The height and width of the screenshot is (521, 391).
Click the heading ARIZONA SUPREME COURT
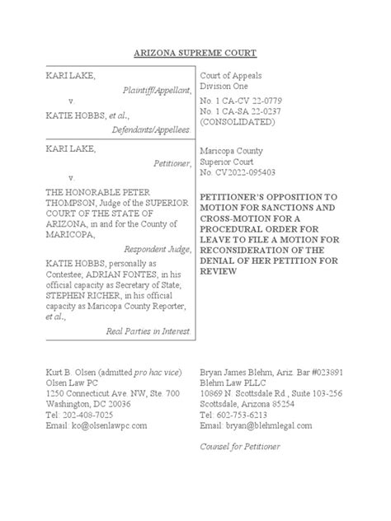(195, 53)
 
